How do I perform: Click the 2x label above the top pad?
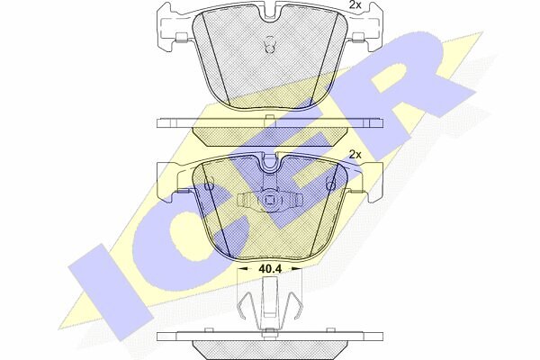pyautogui.click(x=355, y=4)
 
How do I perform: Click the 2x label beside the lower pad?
pyautogui.click(x=355, y=155)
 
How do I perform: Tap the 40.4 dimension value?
pyautogui.click(x=270, y=268)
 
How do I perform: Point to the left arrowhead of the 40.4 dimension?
pyautogui.click(x=243, y=268)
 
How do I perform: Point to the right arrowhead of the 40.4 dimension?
pyautogui.click(x=297, y=268)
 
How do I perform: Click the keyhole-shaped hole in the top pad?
pyautogui.click(x=270, y=44)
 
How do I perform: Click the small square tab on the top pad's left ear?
pyautogui.click(x=181, y=37)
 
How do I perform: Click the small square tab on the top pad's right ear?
pyautogui.click(x=359, y=37)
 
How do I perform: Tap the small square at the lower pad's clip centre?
pyautogui.click(x=270, y=199)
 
